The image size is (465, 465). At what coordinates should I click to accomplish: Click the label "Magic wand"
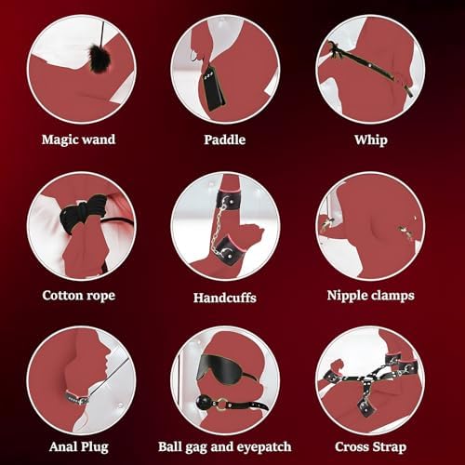tap(78, 139)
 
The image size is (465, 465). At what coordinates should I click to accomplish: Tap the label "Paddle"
tap(225, 139)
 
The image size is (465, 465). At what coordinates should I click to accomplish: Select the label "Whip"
tap(371, 140)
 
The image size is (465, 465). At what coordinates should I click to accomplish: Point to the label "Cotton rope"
tap(79, 296)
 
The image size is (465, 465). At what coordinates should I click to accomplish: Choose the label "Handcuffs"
tap(225, 298)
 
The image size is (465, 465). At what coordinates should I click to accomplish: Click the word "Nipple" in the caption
tap(347, 296)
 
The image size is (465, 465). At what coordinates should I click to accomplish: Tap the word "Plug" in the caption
tap(95, 447)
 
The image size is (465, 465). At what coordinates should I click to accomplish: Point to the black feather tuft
tap(96, 59)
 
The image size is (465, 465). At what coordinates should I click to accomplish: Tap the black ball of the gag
tap(204, 402)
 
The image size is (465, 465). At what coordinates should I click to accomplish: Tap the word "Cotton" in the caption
tap(62, 295)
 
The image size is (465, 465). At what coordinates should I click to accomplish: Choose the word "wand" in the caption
tap(100, 139)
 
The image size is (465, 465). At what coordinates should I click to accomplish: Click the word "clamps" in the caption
tap(392, 296)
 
